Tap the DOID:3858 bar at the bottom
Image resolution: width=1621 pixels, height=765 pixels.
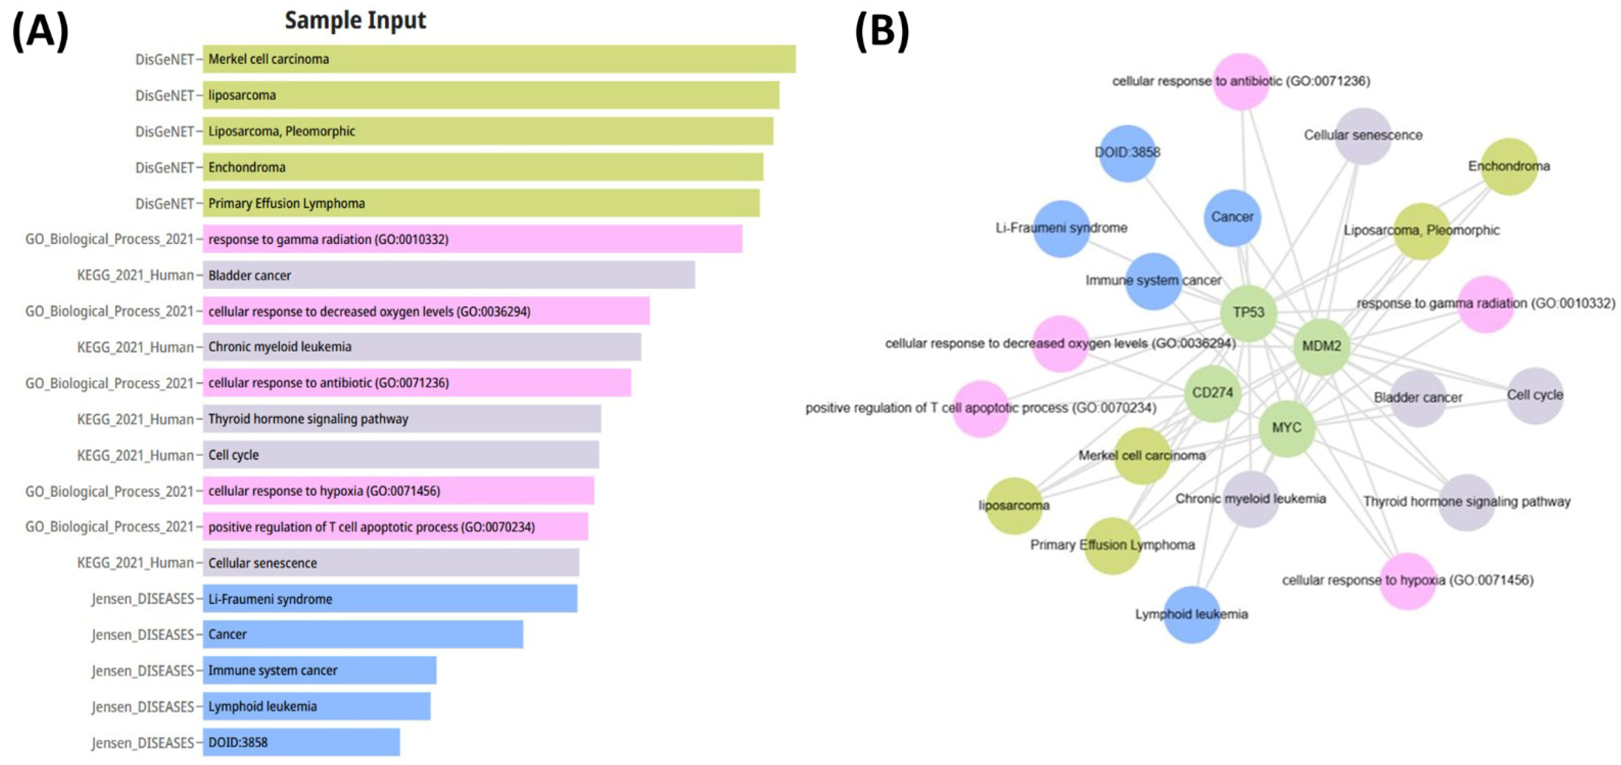coord(301,742)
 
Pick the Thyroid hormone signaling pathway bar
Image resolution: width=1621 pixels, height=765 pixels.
coord(402,419)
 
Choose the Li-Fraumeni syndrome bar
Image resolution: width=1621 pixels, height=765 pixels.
coord(390,599)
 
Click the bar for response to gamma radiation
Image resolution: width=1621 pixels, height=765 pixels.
coord(472,239)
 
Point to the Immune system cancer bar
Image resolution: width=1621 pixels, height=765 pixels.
coord(319,670)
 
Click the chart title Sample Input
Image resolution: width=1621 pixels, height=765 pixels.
coord(356,20)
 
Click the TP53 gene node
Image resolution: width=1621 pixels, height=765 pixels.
coord(1248,313)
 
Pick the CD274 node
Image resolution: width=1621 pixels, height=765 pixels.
coord(1213,393)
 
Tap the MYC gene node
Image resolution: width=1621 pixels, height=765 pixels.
coord(1287,428)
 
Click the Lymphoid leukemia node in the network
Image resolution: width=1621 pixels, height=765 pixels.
coord(1191,614)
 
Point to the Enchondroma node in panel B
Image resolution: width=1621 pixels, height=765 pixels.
coord(1509,166)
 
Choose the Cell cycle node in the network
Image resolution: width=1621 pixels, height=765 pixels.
coord(1535,395)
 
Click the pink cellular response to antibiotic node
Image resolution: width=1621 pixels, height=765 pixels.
coord(1241,81)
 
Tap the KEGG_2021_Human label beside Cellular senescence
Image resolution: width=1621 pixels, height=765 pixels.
coord(135,563)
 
